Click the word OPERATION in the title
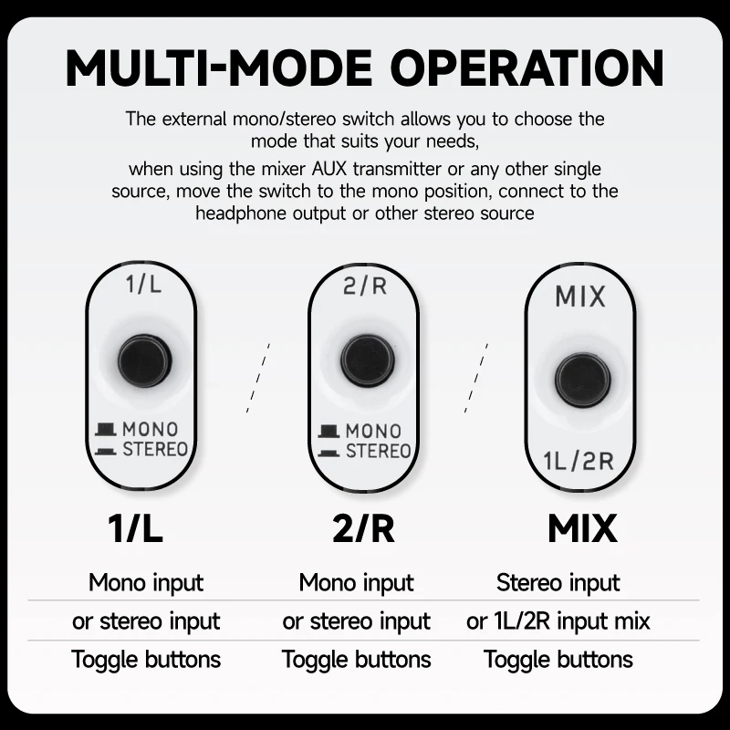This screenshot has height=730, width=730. click(530, 68)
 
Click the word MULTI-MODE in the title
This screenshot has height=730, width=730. click(219, 68)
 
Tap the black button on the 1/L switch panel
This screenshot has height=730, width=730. click(144, 360)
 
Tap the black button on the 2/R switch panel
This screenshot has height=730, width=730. click(368, 360)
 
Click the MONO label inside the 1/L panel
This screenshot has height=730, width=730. click(150, 429)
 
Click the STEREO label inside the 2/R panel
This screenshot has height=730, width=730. click(378, 451)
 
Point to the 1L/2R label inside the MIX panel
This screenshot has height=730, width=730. click(579, 462)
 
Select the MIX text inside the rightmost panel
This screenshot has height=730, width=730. click(580, 297)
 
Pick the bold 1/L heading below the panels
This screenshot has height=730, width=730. click(135, 528)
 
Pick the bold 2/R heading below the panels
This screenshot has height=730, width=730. click(363, 528)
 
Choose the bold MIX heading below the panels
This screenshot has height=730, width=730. click(582, 528)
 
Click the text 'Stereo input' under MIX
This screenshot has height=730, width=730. click(558, 583)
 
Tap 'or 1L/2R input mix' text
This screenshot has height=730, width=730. click(558, 621)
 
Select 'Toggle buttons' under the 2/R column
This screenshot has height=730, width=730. click(356, 660)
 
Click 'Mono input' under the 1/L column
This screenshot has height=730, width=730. click(146, 583)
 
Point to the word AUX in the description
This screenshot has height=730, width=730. click(329, 169)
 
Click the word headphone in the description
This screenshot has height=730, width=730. click(241, 214)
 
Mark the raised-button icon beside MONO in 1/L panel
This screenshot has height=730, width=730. click(106, 429)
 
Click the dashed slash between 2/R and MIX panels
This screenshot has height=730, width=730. click(476, 378)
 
